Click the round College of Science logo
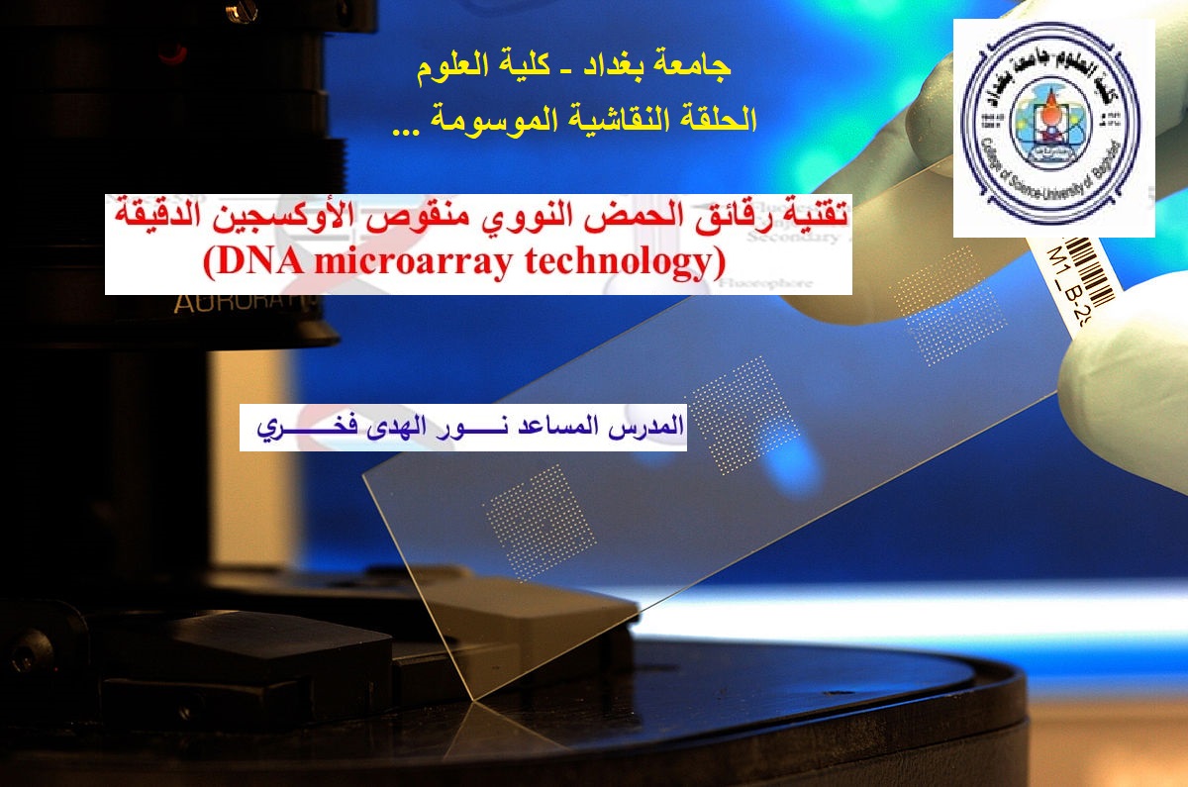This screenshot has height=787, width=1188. (x=1052, y=128)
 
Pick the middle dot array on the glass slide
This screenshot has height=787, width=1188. (x=742, y=405)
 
